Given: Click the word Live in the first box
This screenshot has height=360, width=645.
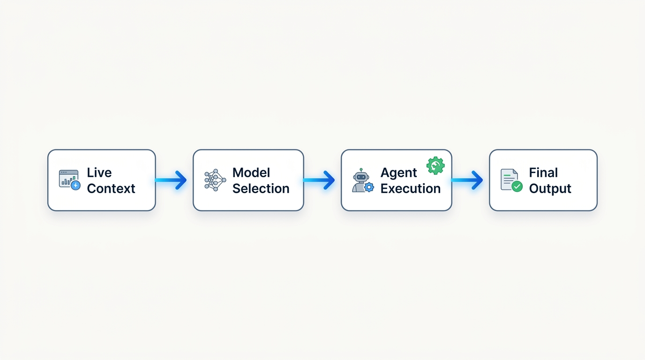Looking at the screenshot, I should click(99, 172).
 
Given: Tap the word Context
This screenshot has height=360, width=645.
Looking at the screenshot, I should click(111, 188).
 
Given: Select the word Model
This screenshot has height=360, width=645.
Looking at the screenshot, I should click(251, 172).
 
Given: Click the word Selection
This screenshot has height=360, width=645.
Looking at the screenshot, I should click(261, 188).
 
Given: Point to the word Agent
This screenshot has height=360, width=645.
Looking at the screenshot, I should click(398, 173).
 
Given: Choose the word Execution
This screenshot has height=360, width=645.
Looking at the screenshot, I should click(410, 188).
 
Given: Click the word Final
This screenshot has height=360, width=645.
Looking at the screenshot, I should click(543, 172).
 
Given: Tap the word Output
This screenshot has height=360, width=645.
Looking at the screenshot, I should click(550, 188).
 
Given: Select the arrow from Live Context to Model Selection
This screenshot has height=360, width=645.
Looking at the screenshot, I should click(172, 180).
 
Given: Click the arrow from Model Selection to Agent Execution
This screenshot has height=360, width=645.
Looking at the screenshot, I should click(320, 180).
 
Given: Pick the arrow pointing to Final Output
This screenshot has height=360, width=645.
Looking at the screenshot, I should click(468, 180).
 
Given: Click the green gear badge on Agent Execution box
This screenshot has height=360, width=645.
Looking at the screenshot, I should click(435, 165).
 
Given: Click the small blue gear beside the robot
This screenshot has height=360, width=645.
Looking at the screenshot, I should click(369, 187).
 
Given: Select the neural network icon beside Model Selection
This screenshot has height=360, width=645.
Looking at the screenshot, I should click(215, 180).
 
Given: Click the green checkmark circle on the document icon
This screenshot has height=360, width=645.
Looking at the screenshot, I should click(517, 187).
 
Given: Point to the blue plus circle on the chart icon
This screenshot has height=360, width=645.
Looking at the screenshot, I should click(75, 186).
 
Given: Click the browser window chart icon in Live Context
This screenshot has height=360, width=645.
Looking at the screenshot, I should click(68, 178).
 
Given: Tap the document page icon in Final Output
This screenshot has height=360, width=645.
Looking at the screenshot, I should click(508, 179).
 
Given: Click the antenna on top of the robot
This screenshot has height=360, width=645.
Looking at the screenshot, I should click(361, 170).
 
